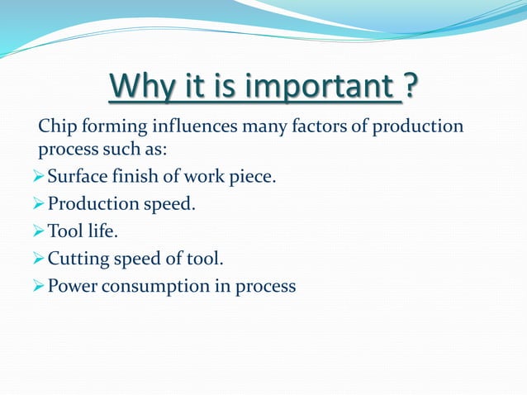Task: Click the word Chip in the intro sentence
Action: [57, 127]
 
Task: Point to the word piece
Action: [255, 176]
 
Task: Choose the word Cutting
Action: [78, 260]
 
